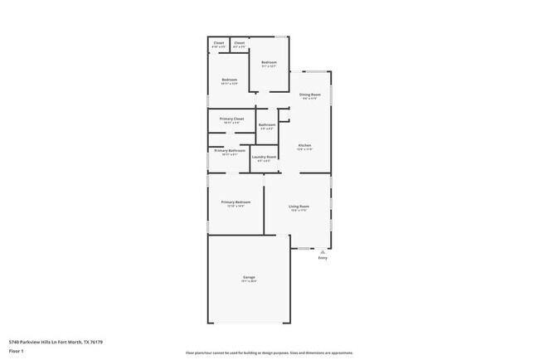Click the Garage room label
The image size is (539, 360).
[249, 277]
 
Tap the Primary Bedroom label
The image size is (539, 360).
[236, 202]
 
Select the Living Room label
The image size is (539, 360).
[299, 206]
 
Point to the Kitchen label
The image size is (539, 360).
[305, 146]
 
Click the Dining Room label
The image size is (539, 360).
[310, 95]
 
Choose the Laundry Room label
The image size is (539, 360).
[265, 156]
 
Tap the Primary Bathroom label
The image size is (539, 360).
[230, 150]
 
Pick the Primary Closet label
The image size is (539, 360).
[232, 119]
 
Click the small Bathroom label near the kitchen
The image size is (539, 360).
[267, 124]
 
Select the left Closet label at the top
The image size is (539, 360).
[219, 43]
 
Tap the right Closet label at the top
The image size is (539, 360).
[239, 43]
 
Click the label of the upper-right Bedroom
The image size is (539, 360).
[269, 62]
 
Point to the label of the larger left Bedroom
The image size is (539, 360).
[230, 80]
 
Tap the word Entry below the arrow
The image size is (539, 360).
[323, 258]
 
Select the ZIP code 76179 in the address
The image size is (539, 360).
[97, 341]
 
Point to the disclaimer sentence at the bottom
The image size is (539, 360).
[269, 353]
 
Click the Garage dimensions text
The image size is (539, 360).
[249, 281]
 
